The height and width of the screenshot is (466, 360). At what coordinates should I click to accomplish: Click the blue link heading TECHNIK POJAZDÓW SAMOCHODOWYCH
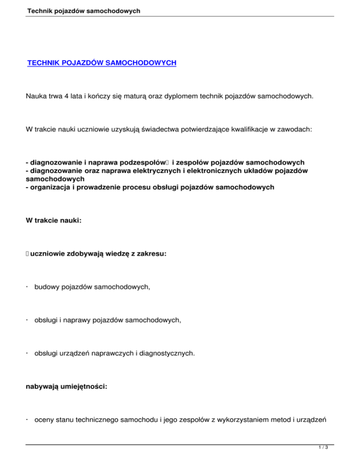pos(102,62)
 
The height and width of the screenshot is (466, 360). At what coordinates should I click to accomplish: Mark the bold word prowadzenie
pos(106,187)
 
